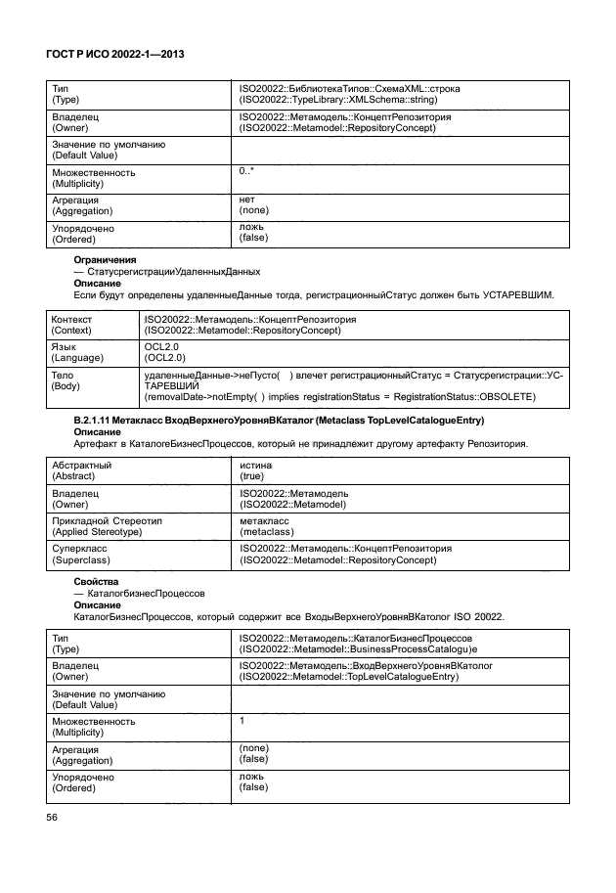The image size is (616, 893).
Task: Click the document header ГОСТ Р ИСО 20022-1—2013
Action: coord(116,57)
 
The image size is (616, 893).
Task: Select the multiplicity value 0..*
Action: coord(246,171)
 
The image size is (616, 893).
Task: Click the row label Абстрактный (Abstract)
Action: coord(82,470)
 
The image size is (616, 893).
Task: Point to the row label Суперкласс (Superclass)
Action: coord(80,555)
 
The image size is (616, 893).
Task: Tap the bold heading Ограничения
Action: coord(106,259)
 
